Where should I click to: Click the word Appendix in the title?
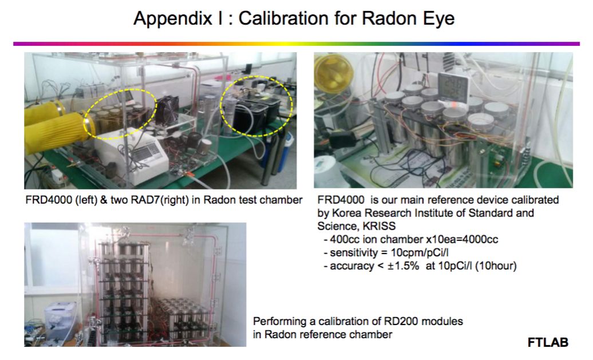(x=172, y=19)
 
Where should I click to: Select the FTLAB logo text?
(x=548, y=342)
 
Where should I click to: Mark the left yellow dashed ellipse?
(x=120, y=114)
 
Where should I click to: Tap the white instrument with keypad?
(x=132, y=156)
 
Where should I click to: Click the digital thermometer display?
(x=452, y=88)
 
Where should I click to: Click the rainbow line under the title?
(x=296, y=44)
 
